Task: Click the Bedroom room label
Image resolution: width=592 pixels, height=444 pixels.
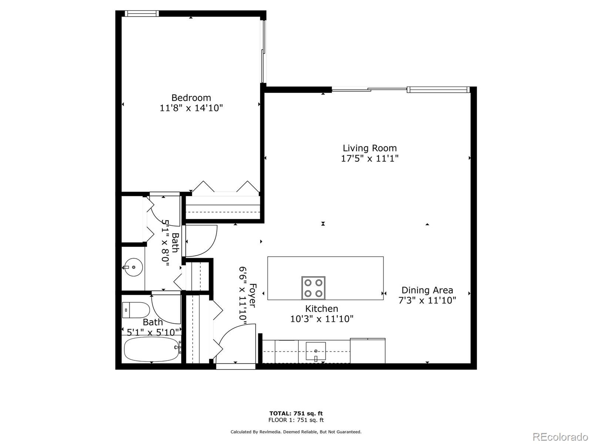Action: click(191, 98)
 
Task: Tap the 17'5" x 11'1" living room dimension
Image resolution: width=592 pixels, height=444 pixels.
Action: click(370, 159)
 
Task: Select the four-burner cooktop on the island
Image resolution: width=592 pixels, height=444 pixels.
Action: click(313, 288)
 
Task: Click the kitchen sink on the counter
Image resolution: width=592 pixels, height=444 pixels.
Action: click(316, 351)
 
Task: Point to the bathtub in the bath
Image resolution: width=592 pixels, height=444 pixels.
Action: click(151, 349)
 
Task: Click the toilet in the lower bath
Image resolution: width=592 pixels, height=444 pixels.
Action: click(136, 310)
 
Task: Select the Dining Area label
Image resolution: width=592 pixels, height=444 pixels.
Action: click(427, 290)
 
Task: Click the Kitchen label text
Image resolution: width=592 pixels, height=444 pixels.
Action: click(321, 308)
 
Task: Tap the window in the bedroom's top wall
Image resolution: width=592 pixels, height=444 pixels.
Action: click(142, 13)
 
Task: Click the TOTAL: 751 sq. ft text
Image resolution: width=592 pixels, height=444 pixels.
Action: click(296, 413)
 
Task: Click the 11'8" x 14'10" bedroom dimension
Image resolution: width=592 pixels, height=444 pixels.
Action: click(191, 108)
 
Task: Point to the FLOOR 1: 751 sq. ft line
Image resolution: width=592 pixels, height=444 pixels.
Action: click(296, 420)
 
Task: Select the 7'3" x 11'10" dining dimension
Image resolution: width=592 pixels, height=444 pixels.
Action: click(427, 301)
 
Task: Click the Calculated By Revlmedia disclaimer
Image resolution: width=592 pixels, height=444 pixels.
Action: click(296, 432)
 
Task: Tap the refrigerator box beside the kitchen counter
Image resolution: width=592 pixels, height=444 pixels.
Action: click(367, 351)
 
